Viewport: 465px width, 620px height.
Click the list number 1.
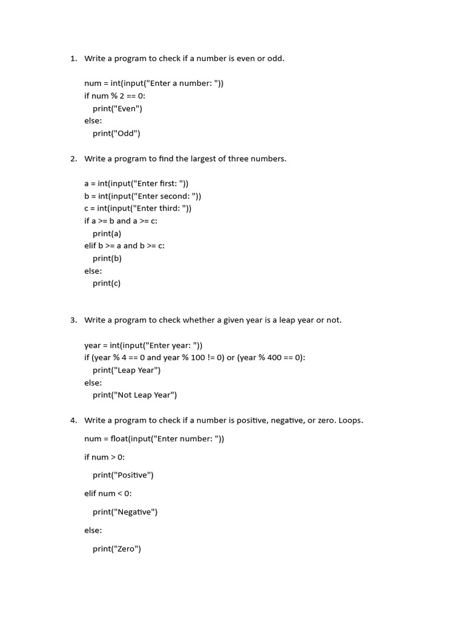(x=73, y=59)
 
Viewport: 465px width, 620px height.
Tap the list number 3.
(x=73, y=320)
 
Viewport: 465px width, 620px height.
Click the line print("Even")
(x=117, y=109)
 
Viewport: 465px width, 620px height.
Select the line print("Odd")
(x=116, y=134)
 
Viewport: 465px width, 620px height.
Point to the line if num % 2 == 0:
(x=115, y=96)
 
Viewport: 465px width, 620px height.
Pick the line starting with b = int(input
(x=143, y=196)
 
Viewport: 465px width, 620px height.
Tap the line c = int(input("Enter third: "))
(x=138, y=209)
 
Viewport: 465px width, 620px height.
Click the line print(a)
(x=107, y=234)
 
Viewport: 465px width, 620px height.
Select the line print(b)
(x=107, y=259)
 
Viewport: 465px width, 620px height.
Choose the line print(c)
(x=107, y=283)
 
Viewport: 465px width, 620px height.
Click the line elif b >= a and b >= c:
(x=125, y=246)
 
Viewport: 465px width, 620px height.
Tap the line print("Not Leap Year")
(x=134, y=395)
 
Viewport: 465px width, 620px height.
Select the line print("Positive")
(x=123, y=475)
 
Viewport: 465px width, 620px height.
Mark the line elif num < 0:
(x=108, y=494)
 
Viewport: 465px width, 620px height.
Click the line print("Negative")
(x=125, y=512)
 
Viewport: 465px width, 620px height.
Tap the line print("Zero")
(x=117, y=549)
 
